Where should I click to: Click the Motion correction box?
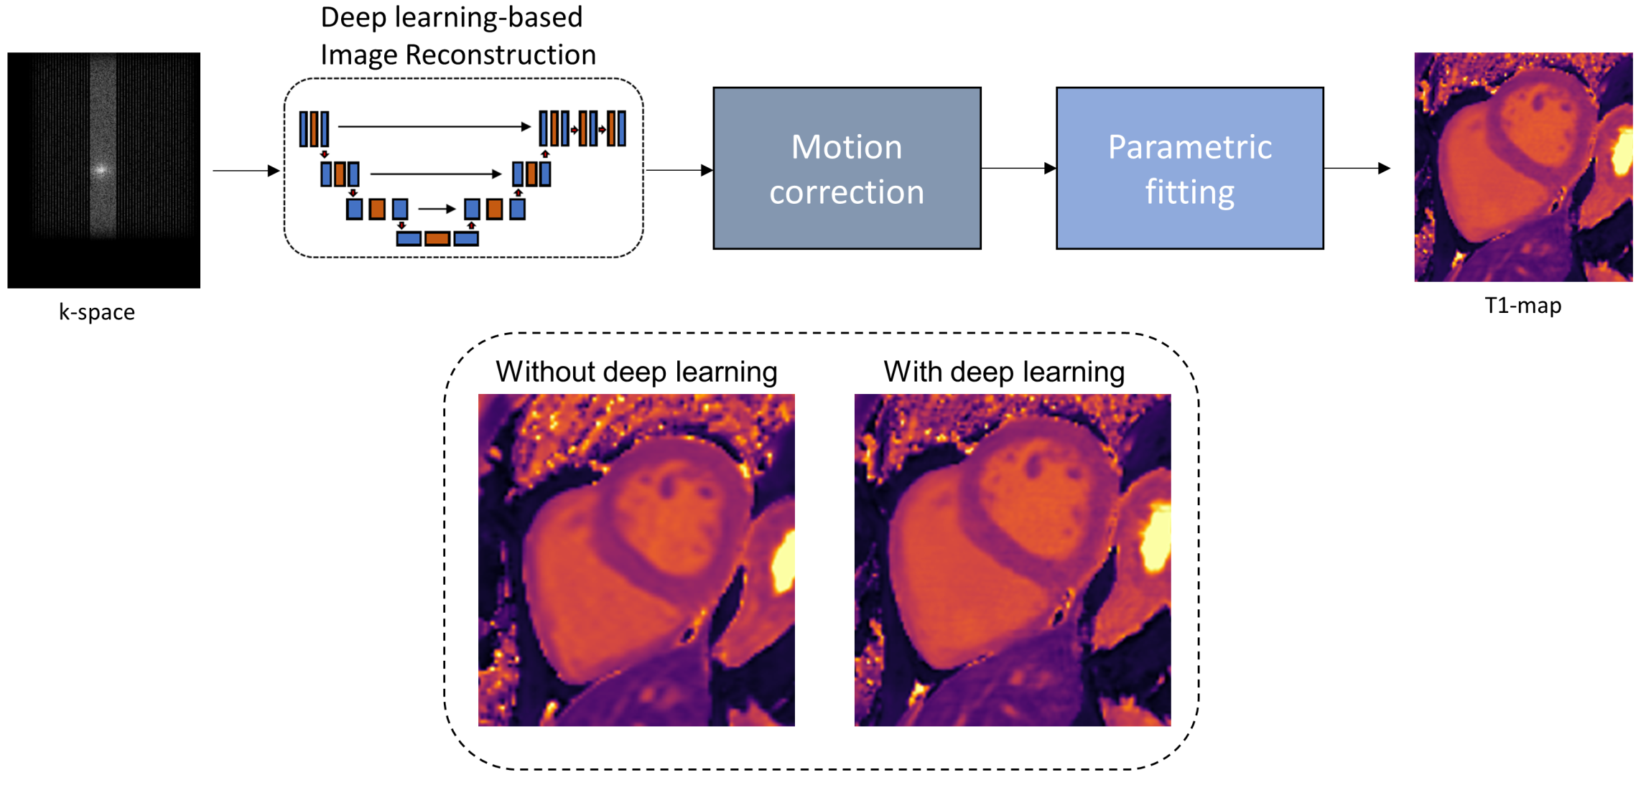click(x=847, y=169)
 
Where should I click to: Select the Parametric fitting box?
click(x=1189, y=169)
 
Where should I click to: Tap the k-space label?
click(x=97, y=312)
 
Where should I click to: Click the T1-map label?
click(x=1522, y=306)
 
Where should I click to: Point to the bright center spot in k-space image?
click(x=101, y=170)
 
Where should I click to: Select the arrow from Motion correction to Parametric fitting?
click(x=1018, y=169)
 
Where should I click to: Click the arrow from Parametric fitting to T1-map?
click(x=1357, y=169)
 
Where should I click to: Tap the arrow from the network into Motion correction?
click(x=679, y=170)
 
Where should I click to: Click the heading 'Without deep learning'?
click(x=636, y=372)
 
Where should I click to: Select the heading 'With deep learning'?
click(x=1004, y=372)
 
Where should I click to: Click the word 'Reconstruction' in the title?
click(x=501, y=55)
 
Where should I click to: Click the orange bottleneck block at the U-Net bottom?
click(x=437, y=238)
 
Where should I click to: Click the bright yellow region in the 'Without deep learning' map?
click(x=784, y=563)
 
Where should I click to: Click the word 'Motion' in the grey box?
click(x=846, y=147)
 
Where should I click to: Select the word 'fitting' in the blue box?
click(x=1189, y=192)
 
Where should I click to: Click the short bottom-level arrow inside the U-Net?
click(x=437, y=209)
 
